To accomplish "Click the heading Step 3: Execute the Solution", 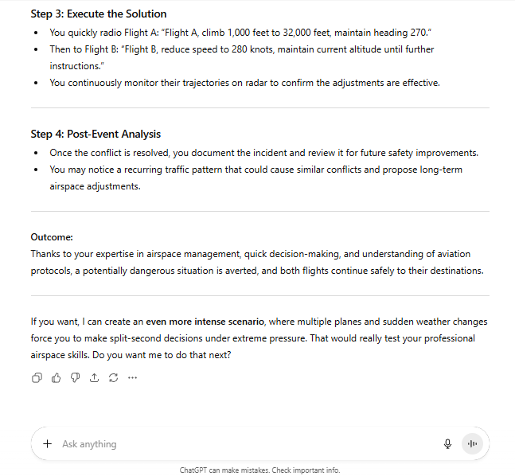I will coord(99,14).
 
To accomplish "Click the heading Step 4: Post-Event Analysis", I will coord(96,134).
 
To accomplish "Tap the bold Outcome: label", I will coord(52,237).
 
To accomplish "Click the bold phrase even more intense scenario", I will coord(205,322).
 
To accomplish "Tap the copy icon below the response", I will coord(37,377).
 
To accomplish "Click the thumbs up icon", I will coord(56,377).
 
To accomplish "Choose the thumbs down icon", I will coord(75,377).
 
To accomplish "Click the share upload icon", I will coord(94,377).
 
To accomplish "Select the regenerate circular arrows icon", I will coord(113,377).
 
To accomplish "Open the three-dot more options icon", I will coord(132,377).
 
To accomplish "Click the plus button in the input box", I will coord(48,444).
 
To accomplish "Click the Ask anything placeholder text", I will coord(89,444).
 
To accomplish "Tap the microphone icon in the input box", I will coord(447,444).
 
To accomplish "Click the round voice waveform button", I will coord(472,444).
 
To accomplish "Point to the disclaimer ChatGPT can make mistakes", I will coord(259,470).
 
